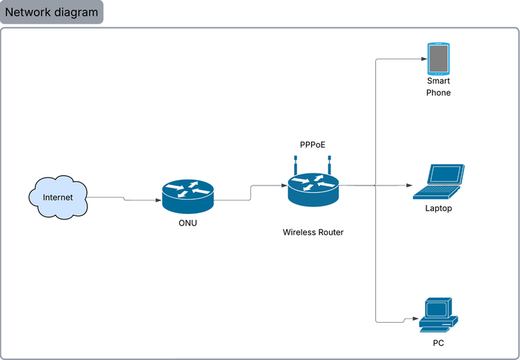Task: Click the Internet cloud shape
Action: pos(58,197)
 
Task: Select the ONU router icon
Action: pos(187,195)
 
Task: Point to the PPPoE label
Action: pos(313,145)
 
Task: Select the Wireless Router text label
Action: pos(313,232)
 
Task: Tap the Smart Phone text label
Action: pos(438,87)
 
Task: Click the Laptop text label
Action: pos(438,209)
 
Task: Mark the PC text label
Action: pos(438,344)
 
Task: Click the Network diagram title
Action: pos(52,13)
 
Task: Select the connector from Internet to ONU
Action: pos(123,199)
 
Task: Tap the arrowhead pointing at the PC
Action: pos(413,319)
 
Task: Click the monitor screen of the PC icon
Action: pos(436,308)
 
